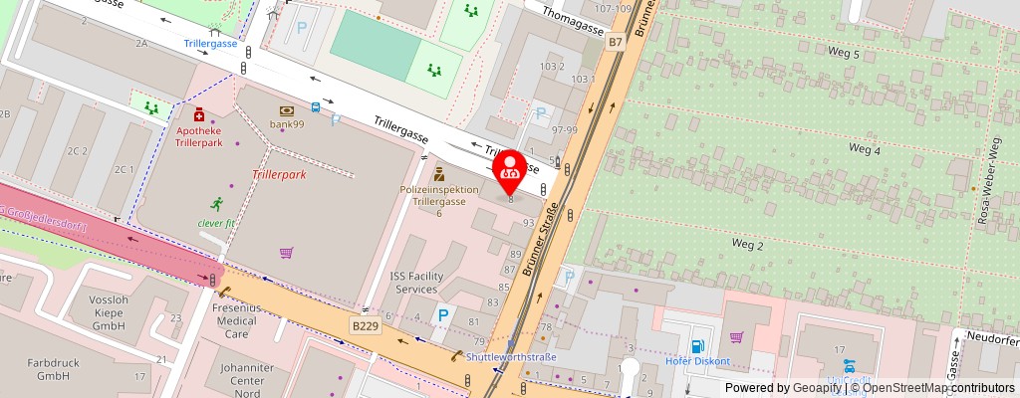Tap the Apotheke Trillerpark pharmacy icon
click(199, 114)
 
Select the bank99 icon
click(287, 109)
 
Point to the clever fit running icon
click(216, 204)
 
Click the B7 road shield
click(616, 42)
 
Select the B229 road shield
click(366, 324)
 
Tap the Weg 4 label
click(864, 150)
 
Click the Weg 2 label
click(747, 244)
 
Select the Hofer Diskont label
click(697, 361)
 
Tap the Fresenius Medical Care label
click(236, 321)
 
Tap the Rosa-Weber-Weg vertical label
click(993, 183)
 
